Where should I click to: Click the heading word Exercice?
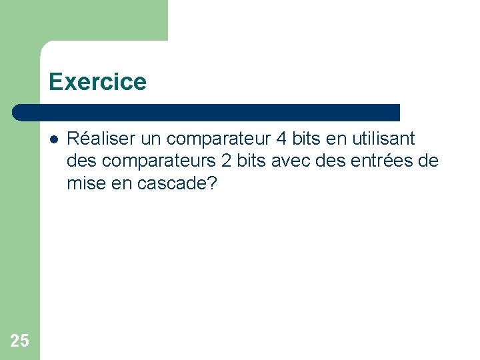tap(97, 82)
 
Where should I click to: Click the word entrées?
tap(384, 161)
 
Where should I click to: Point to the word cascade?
tap(173, 183)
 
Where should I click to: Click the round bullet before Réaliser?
tap(53, 139)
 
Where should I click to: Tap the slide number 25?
tap(20, 341)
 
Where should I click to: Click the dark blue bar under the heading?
tap(207, 112)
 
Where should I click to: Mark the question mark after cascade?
tap(213, 183)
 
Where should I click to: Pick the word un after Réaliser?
tap(150, 139)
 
